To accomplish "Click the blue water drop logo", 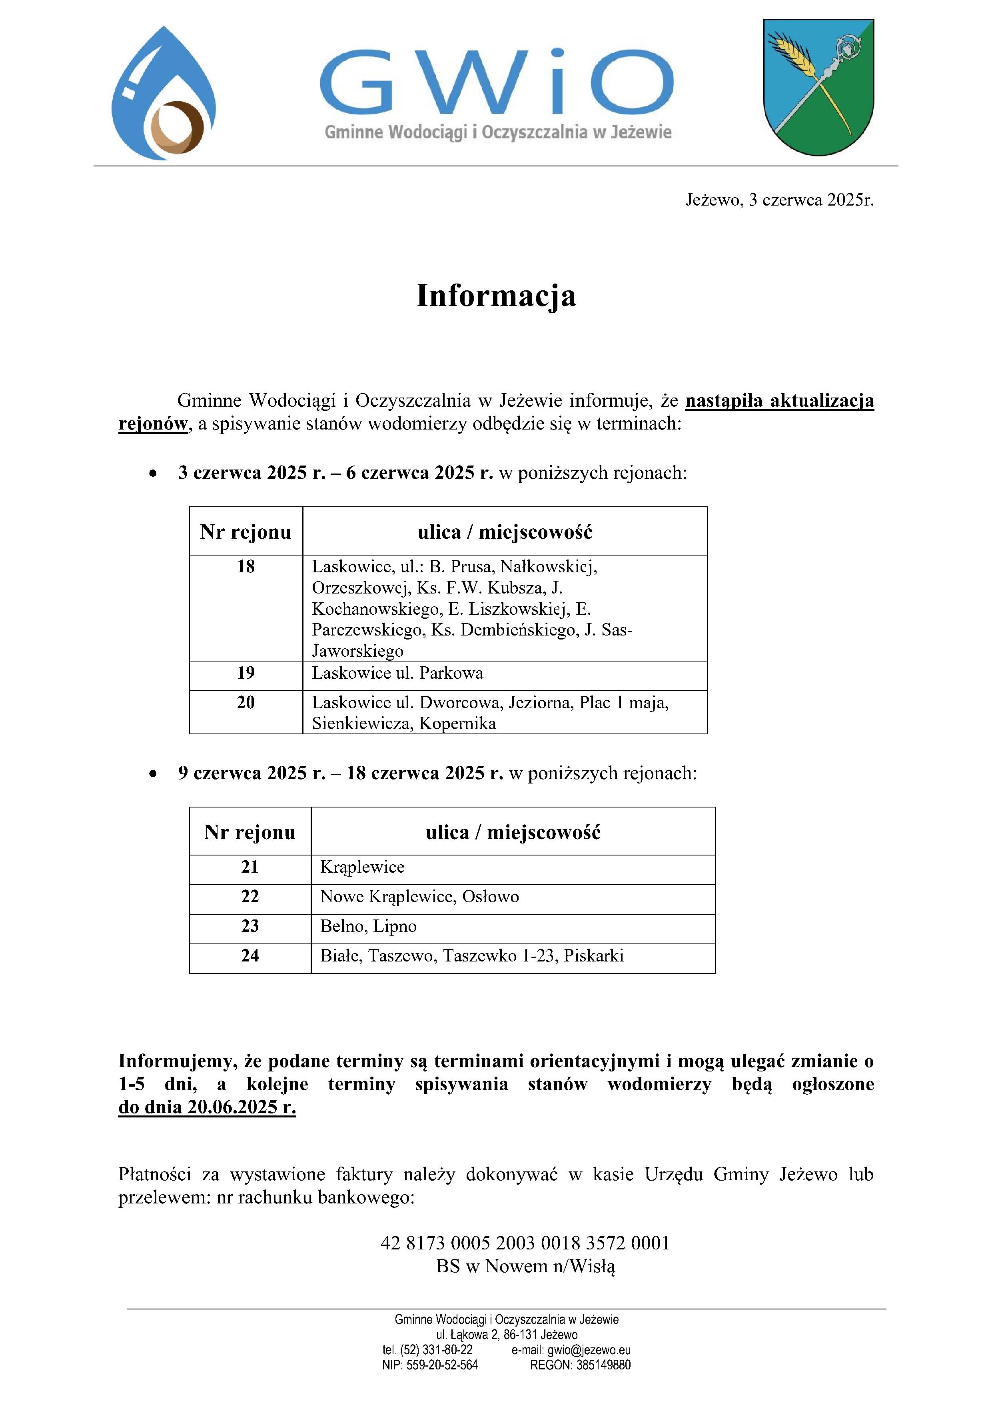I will point(163,93).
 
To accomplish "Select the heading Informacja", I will point(496,296).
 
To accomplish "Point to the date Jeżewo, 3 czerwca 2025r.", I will point(779,200).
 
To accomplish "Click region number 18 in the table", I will point(246,566).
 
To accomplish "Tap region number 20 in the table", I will point(246,703).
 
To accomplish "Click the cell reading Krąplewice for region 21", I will point(362,867).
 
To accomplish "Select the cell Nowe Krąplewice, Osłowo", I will point(420,896).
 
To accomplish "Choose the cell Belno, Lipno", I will point(368,926).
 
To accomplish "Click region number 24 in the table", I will point(250,956).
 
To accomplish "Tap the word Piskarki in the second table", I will point(594,956).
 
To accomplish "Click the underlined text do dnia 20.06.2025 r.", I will point(207,1107).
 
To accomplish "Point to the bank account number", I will point(525,1243).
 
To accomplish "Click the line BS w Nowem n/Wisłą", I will point(525,1266).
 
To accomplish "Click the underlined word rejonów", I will point(153,424).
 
